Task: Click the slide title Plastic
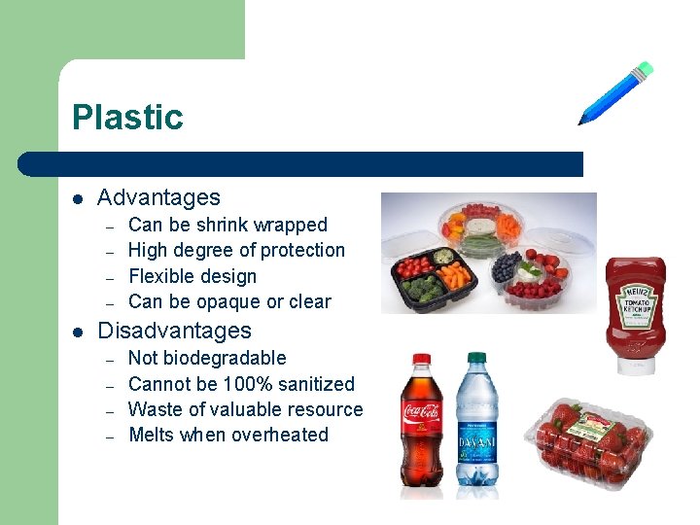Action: (127, 118)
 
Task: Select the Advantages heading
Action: (159, 197)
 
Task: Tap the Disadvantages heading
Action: (175, 331)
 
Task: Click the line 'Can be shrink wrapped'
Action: (227, 225)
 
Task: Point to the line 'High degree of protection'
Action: (236, 250)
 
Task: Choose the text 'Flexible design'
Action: (192, 276)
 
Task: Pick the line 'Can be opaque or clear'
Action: (229, 301)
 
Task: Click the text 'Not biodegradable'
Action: (207, 358)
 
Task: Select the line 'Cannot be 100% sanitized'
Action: (241, 384)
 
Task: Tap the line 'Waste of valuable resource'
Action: (245, 409)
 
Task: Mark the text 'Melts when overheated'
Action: (228, 435)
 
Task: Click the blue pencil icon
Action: (614, 94)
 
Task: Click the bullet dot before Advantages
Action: (78, 198)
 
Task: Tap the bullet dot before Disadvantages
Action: (78, 332)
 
